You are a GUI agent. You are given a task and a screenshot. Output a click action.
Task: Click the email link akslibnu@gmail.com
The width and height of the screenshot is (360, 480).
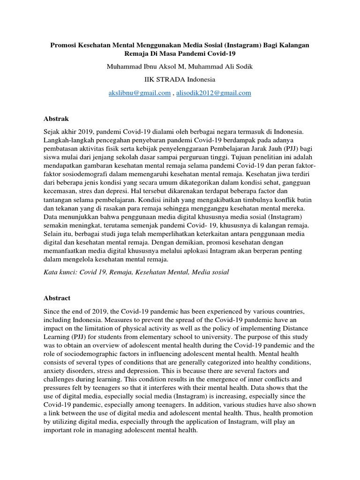[140, 93]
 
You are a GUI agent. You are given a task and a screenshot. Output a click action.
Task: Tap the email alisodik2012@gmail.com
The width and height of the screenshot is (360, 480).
[213, 93]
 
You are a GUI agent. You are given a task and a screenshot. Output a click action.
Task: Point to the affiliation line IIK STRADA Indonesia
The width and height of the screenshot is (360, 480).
[180, 80]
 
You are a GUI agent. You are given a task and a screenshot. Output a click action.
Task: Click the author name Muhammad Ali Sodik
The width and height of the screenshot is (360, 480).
[219, 67]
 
